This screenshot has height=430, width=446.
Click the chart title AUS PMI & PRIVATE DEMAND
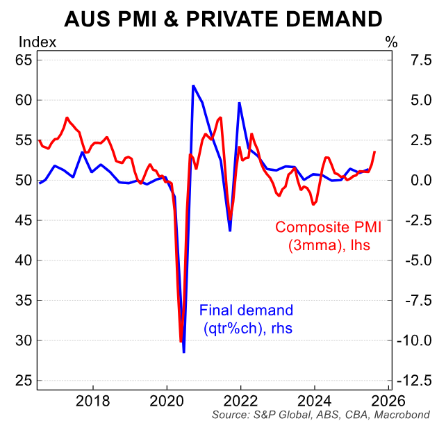(223, 19)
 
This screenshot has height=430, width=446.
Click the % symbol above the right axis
(392, 42)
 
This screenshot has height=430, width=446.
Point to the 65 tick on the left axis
(24, 60)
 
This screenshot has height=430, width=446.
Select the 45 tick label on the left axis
(24, 221)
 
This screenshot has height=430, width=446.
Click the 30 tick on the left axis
(24, 341)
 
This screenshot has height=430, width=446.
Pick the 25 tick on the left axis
(24, 381)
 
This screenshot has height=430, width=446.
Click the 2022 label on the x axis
(240, 401)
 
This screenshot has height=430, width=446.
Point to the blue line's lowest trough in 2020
(184, 352)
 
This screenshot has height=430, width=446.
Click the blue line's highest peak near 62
(193, 85)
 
